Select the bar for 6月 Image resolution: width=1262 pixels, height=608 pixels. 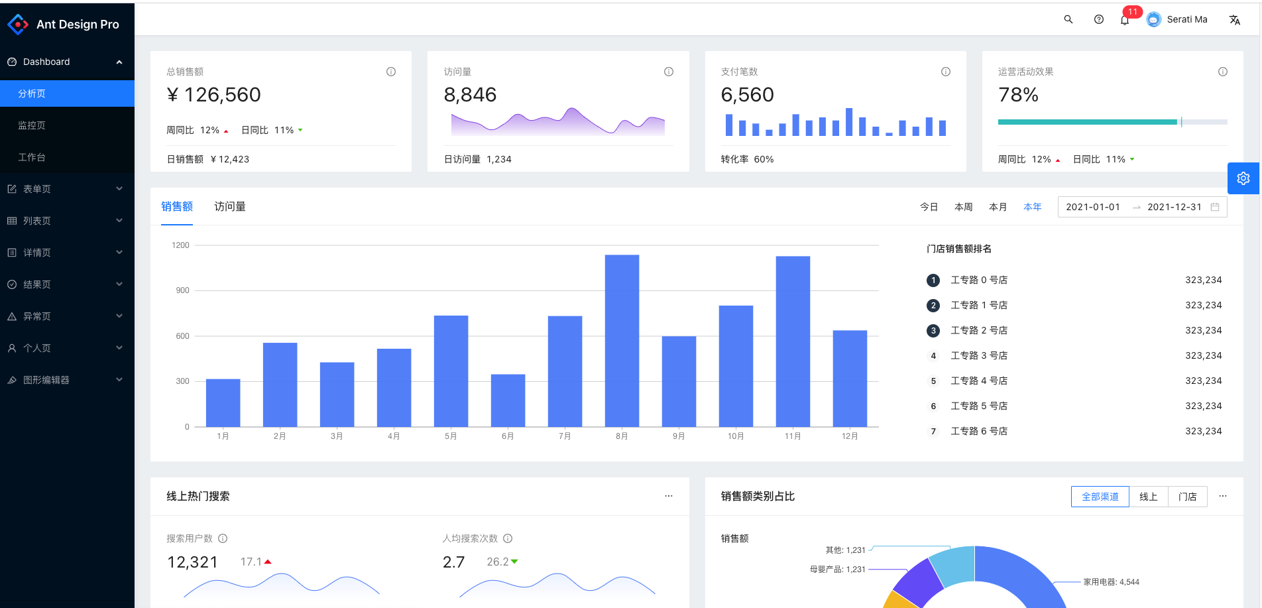click(x=508, y=400)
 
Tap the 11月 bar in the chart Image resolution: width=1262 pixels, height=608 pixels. click(x=793, y=341)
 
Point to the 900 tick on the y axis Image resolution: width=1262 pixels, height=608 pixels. click(x=182, y=290)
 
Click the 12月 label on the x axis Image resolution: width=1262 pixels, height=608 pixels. click(x=850, y=436)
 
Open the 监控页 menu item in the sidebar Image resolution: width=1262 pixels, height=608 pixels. click(x=32, y=125)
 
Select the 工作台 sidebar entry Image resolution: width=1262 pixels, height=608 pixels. click(x=32, y=157)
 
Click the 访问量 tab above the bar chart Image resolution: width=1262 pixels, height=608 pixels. click(x=230, y=207)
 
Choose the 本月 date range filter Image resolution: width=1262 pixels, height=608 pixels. click(x=998, y=207)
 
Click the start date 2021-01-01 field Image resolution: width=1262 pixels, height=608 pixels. click(x=1093, y=207)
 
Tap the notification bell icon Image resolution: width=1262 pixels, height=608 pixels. click(x=1125, y=20)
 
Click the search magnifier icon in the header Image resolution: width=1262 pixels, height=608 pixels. click(x=1068, y=19)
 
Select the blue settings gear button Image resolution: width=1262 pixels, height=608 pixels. click(x=1243, y=178)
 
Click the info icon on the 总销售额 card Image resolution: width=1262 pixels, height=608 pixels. click(x=391, y=72)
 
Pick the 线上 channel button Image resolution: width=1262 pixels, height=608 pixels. click(x=1149, y=497)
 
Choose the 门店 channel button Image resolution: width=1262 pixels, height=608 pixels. click(x=1187, y=497)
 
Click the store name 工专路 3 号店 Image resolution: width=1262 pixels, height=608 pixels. click(x=979, y=356)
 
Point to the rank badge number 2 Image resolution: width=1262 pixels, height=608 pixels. click(x=933, y=306)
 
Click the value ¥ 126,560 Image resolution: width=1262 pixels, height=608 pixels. click(x=214, y=95)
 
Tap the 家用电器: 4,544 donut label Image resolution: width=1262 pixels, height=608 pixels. click(x=1111, y=582)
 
